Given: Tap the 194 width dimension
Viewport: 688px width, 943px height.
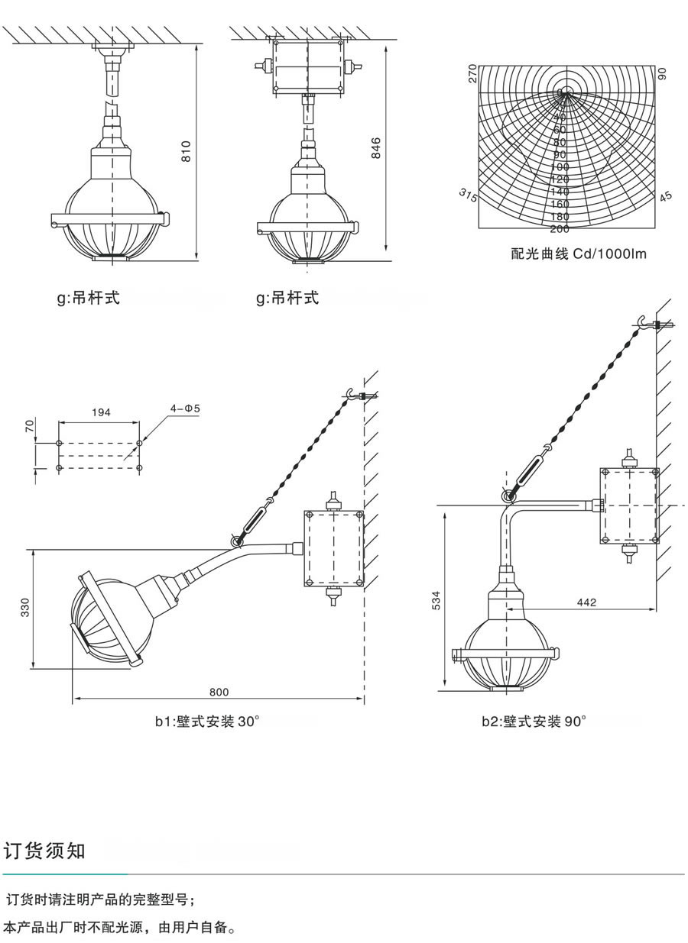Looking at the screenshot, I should coord(101,412).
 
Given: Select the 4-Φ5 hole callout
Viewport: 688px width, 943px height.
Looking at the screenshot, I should coord(185,409).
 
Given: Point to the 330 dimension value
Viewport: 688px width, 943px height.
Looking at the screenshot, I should coord(24,608).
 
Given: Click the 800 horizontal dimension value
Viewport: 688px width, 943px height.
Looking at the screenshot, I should coord(219,693).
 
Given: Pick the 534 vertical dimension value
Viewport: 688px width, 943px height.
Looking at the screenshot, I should coord(437,600).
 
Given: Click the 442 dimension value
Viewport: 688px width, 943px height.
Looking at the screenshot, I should coord(586,602).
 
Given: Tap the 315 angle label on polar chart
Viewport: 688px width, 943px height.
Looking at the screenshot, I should coord(468,195).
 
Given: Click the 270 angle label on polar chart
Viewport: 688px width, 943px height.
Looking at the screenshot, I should coord(472,73).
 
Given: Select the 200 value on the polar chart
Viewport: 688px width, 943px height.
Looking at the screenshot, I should coord(560,228).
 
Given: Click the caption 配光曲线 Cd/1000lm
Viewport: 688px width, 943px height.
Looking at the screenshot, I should coord(579,254).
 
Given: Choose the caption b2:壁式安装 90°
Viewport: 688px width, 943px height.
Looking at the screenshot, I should coord(534,721).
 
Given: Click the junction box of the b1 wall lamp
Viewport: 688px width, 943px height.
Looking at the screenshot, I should coord(333,548).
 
